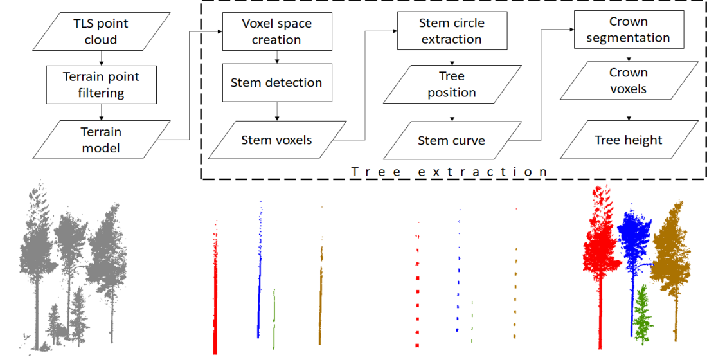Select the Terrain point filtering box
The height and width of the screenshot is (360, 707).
click(x=101, y=85)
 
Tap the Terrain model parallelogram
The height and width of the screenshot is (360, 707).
click(x=101, y=139)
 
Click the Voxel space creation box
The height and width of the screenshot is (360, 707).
click(x=276, y=32)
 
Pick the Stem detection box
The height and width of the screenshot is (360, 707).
click(x=276, y=83)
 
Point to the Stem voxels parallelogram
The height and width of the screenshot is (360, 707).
click(x=276, y=139)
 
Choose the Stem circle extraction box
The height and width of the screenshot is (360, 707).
click(x=451, y=32)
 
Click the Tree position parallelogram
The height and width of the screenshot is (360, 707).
click(x=452, y=85)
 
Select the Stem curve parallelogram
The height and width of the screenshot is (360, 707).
click(x=452, y=140)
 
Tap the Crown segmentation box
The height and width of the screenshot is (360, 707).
click(x=629, y=30)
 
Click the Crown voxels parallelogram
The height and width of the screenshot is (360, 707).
click(x=629, y=81)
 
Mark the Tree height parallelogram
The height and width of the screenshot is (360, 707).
click(x=629, y=140)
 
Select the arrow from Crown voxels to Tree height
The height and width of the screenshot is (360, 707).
click(x=629, y=111)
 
